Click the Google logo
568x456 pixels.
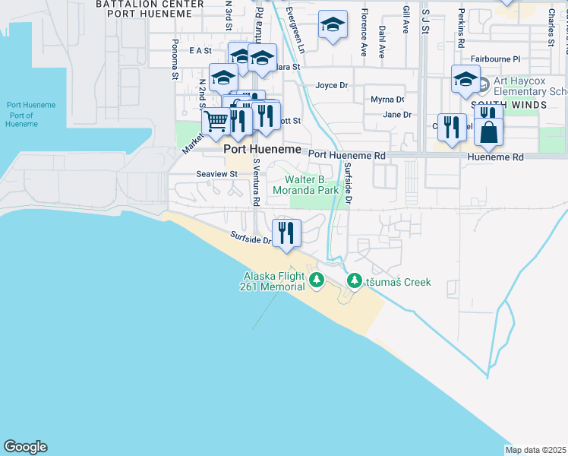pos(25,447)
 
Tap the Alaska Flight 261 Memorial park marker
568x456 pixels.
pos(317,282)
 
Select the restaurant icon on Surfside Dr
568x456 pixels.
pos(286,232)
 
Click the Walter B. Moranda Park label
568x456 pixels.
pos(311,185)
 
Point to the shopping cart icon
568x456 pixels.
pos(216,119)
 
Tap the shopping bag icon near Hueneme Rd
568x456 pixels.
pos(488,131)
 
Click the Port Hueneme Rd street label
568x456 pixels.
pos(348,155)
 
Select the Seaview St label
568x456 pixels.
pos(217,174)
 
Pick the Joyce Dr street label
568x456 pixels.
pos(332,86)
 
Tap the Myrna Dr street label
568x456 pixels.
pos(387,100)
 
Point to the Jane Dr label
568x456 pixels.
pos(397,115)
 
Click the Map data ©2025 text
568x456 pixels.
pos(535,450)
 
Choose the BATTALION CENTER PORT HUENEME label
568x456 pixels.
pos(150,8)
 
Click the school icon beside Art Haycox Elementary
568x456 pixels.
pos(465,78)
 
